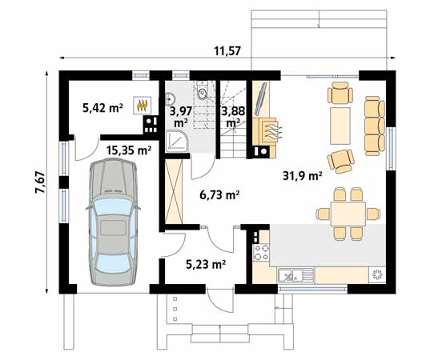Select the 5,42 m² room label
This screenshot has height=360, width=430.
click(102, 106)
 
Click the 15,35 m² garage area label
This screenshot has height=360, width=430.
click(129, 150)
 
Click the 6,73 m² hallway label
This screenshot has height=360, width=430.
click(219, 194)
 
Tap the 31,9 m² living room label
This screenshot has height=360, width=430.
click(302, 176)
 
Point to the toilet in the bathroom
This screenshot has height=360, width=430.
click(202, 95)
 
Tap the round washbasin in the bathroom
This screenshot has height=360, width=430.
click(171, 98)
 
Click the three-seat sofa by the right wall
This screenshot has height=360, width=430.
click(374, 117)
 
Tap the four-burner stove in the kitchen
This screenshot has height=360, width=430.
click(261, 253)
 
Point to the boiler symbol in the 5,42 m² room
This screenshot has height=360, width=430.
click(143, 104)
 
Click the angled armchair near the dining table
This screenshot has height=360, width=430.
click(342, 159)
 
